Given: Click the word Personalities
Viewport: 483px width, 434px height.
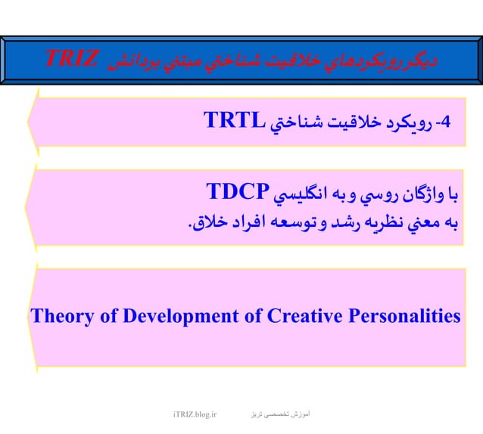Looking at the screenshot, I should pos(404,315).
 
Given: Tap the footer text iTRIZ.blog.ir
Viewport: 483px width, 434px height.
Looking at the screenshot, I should pos(195,414).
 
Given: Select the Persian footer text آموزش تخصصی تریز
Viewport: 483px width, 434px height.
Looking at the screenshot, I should pos(285,414).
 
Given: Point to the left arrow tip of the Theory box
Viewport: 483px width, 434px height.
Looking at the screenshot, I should pos(30,317).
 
